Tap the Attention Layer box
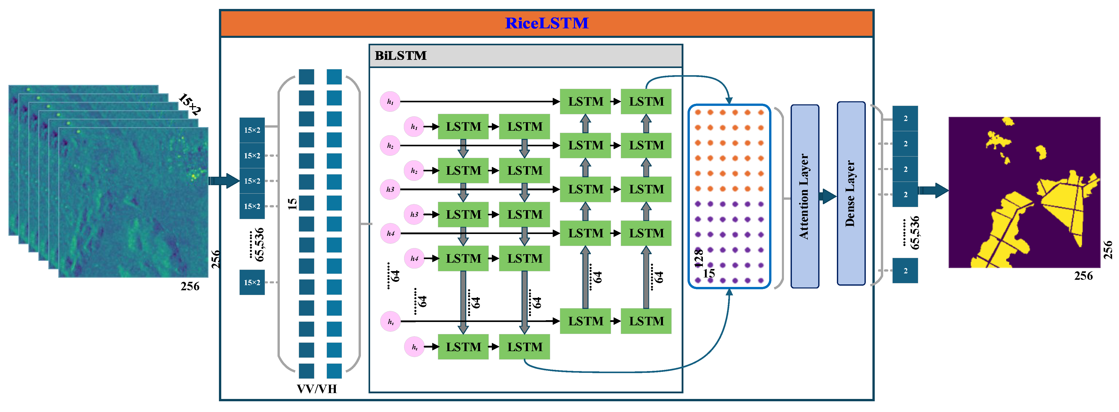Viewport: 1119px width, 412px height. click(804, 196)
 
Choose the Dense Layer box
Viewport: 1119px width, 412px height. click(850, 194)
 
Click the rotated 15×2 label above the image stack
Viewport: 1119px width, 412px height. click(190, 104)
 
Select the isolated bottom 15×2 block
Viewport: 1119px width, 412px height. click(252, 282)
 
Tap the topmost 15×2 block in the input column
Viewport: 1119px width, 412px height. click(252, 130)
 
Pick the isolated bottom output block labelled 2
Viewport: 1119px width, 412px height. click(905, 271)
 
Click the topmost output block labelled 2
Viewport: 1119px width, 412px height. click(905, 118)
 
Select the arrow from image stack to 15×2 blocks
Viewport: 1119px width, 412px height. click(224, 181)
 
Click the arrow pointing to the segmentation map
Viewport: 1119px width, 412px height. click(933, 190)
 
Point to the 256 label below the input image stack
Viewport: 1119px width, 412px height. click(190, 286)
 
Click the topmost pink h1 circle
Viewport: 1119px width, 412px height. click(390, 102)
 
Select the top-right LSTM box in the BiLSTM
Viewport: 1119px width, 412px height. click(646, 102)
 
